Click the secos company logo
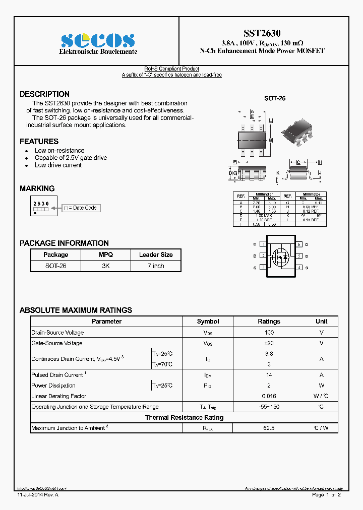click(x=98, y=41)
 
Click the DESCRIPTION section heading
click(x=44, y=94)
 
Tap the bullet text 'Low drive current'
click(x=58, y=165)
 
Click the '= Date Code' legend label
click(x=82, y=208)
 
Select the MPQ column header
click(x=106, y=255)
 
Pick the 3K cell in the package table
click(x=106, y=266)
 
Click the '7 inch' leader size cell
click(x=156, y=266)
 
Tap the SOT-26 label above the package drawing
click(x=275, y=98)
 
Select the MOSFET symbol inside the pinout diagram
click(x=280, y=257)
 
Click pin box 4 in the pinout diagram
click(x=298, y=268)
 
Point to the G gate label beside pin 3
click(x=255, y=268)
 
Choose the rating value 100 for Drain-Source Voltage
click(x=269, y=333)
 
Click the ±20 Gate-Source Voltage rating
click(x=269, y=343)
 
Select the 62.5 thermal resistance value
click(x=269, y=428)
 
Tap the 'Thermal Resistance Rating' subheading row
click(x=184, y=418)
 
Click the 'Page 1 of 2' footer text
click(x=327, y=495)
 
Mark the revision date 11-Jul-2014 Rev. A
click(x=38, y=495)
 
